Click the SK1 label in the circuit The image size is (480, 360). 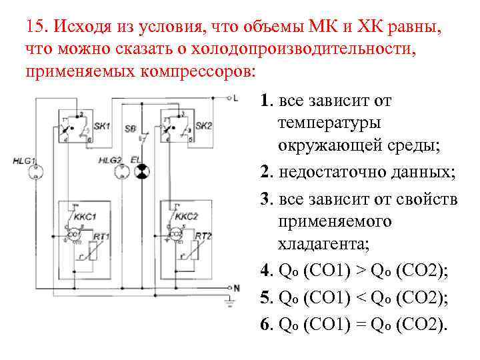102,126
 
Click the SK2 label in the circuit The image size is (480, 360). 203,126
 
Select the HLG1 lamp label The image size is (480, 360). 25,161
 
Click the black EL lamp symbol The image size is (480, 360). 141,172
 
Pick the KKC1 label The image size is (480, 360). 85,216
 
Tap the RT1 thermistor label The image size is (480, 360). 102,237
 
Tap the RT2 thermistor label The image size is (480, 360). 203,237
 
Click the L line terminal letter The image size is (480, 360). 235,98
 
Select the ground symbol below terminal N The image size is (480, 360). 230,303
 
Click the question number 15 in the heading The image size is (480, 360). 35,28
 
